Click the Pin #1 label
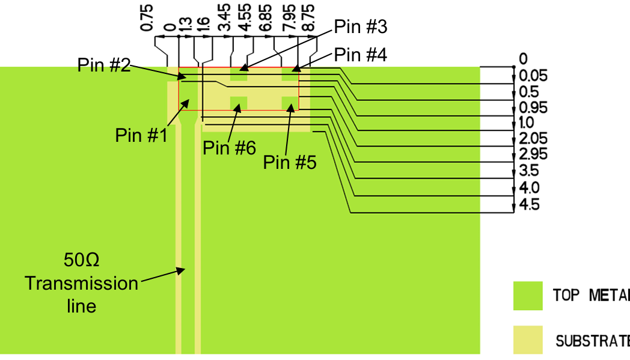pyautogui.click(x=140, y=136)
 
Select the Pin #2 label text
pyautogui.click(x=104, y=65)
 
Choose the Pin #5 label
pyautogui.click(x=289, y=163)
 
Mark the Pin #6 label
pyautogui.click(x=229, y=147)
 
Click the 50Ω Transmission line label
pyautogui.click(x=81, y=283)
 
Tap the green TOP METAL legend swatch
pyautogui.click(x=528, y=296)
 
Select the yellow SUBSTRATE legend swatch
pyautogui.click(x=528, y=340)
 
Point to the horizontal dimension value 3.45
pyautogui.click(x=225, y=18)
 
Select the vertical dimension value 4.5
pyautogui.click(x=529, y=205)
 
